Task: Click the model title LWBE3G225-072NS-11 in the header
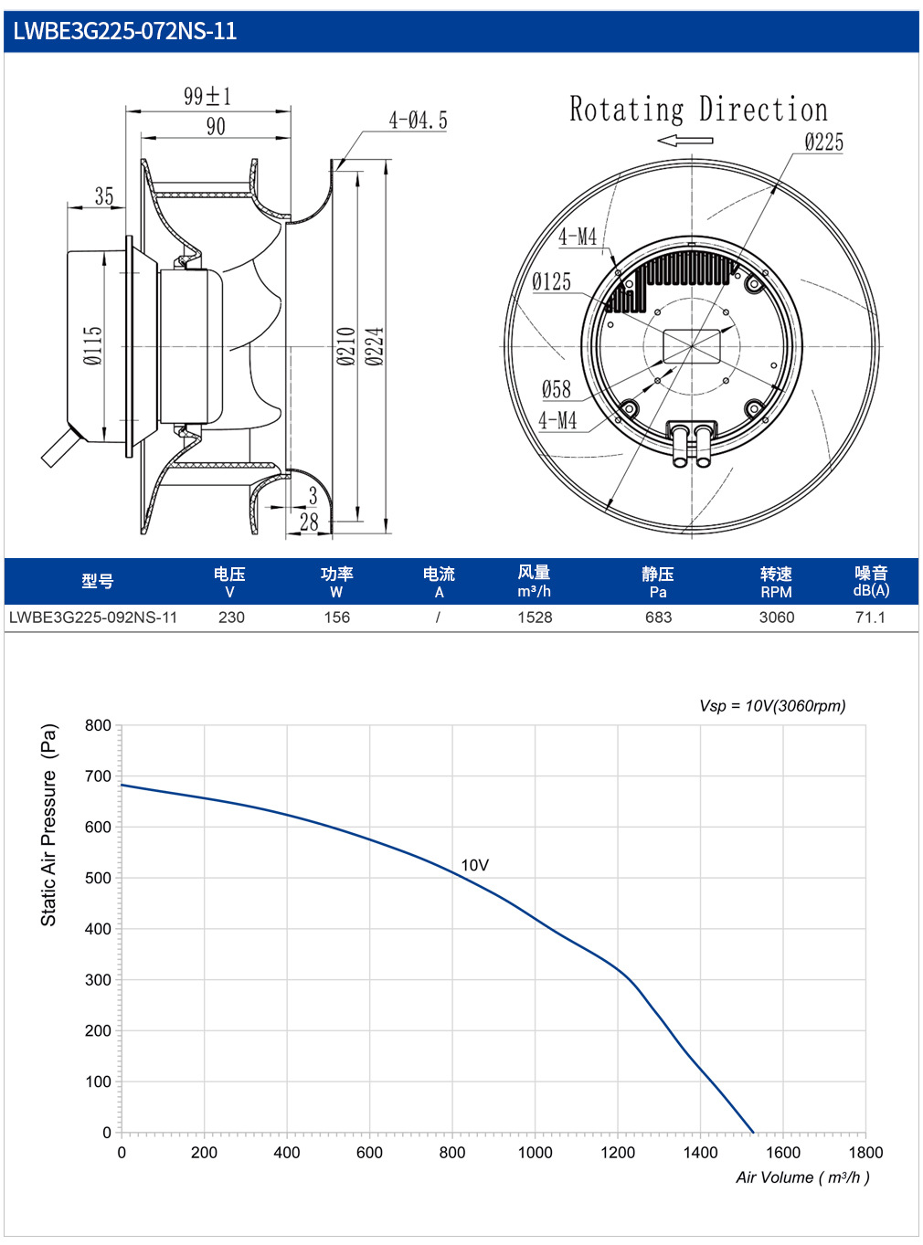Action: tap(124, 31)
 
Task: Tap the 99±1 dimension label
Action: tap(207, 96)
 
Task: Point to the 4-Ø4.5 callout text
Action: tap(418, 121)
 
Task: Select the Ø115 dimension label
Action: tap(93, 345)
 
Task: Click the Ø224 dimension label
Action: tap(374, 346)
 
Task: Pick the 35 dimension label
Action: tap(104, 196)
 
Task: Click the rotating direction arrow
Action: tap(684, 141)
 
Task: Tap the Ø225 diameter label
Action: tap(823, 142)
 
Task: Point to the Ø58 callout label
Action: tap(557, 389)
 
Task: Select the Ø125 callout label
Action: tap(551, 281)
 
